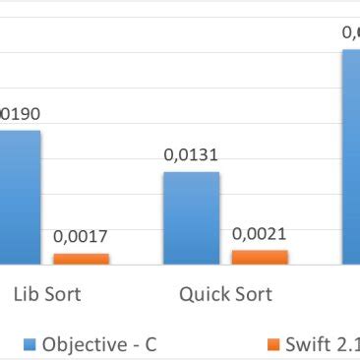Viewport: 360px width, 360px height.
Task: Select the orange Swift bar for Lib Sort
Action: tap(81, 259)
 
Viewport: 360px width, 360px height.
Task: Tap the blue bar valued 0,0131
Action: tap(191, 217)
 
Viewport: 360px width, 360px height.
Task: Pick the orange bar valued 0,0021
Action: tap(260, 257)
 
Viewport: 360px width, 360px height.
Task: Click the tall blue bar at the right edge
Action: tap(350, 157)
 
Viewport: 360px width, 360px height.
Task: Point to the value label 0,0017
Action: tap(81, 236)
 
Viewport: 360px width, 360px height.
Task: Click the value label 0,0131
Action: tap(191, 154)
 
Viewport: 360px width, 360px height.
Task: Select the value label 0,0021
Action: tap(260, 233)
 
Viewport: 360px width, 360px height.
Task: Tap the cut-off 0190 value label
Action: tap(20, 114)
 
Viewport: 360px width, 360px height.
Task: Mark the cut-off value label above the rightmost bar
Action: tap(351, 32)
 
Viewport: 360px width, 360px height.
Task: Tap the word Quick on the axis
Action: tap(202, 294)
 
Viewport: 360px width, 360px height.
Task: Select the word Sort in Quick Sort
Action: tap(250, 294)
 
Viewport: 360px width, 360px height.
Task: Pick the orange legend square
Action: tap(273, 344)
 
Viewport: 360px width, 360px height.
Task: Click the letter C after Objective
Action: tap(149, 344)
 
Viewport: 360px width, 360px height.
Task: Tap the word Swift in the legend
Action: tap(308, 344)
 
